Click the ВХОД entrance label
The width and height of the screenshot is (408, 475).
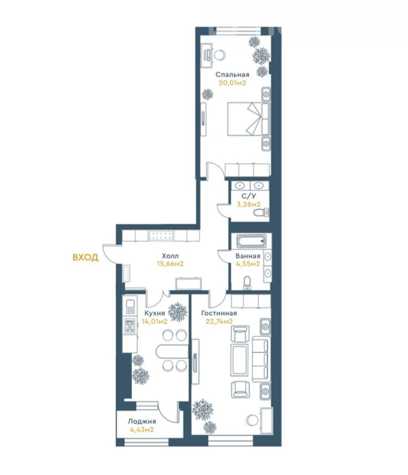coord(85,257)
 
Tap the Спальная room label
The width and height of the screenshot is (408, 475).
coord(232,74)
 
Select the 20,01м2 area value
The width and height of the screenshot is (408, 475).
coord(232,83)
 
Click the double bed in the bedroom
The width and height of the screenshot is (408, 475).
coord(248,119)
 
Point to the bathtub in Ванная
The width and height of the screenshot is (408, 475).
coord(251,241)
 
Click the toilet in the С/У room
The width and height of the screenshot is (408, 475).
coord(261,213)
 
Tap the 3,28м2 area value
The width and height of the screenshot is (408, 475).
coord(248,204)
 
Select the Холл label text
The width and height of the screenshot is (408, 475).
coord(170,256)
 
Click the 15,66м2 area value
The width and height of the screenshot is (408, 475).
coord(170,264)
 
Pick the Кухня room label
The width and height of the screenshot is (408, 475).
coord(154,313)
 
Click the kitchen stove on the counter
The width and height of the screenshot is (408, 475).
coord(130,326)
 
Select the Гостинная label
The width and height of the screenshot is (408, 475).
coord(219,313)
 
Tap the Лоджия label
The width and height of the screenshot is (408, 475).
coord(142,421)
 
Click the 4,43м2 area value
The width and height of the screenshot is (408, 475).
coord(142,429)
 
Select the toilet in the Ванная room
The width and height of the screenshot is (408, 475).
coord(248,282)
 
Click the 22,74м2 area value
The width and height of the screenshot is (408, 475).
coord(219,321)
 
